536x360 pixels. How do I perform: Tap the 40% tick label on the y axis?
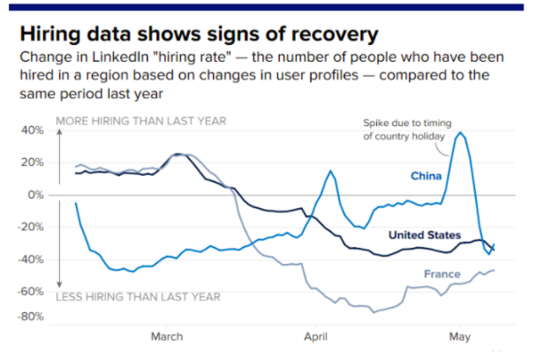(33, 130)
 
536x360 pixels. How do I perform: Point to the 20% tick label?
(33, 162)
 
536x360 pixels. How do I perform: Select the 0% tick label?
(37, 194)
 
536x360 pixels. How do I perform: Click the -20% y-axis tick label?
(31, 227)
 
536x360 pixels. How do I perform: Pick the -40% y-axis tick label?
(31, 259)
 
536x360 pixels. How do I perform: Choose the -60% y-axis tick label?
(31, 290)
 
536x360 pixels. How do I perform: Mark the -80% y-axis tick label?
(31, 316)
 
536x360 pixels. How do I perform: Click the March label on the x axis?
(167, 336)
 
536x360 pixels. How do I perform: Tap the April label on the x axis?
(314, 336)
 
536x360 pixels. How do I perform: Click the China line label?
(427, 176)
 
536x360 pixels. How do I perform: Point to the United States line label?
(425, 235)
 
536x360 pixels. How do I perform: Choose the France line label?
(442, 274)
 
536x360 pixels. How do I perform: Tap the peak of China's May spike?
(460, 133)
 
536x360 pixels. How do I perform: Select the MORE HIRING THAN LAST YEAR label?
(141, 120)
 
